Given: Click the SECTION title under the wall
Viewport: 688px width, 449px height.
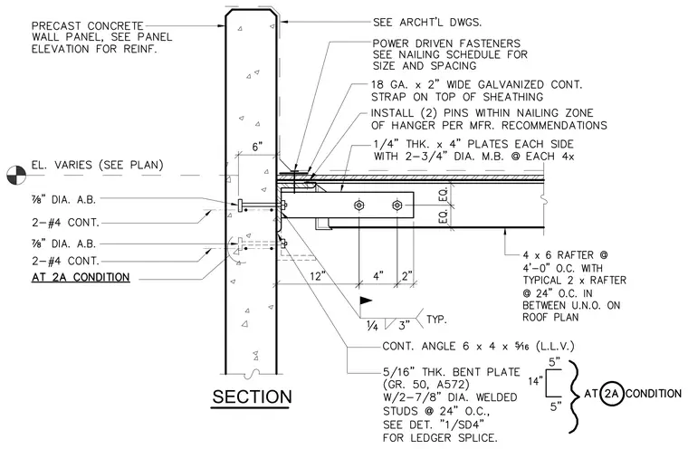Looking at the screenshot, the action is click(252, 396).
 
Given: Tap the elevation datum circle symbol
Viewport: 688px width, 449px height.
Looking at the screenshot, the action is click(16, 175).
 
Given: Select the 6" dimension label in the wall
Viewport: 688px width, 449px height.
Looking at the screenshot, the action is click(257, 147).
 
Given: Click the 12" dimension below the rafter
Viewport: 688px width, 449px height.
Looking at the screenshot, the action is click(318, 276).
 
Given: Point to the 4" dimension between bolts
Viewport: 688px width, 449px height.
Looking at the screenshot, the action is click(378, 276).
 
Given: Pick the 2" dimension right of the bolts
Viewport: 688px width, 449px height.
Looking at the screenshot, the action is click(407, 276).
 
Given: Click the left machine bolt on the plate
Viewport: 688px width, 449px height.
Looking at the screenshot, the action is click(358, 205).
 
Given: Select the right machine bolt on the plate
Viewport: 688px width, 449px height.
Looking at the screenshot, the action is click(397, 205).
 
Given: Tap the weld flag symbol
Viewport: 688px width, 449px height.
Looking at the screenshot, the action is click(366, 301).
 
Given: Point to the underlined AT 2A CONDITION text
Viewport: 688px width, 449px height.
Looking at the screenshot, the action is click(81, 277).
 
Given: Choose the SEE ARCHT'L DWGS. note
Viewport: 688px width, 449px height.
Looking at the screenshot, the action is click(427, 22).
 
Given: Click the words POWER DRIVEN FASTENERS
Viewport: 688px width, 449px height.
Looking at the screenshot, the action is click(446, 43).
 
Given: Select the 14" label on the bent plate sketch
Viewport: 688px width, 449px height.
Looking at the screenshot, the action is click(535, 381).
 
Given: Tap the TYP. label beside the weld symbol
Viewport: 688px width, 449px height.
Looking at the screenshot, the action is click(436, 319).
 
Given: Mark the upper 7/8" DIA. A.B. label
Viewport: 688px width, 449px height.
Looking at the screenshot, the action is click(63, 200).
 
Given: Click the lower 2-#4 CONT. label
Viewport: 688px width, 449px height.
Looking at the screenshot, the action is click(65, 261).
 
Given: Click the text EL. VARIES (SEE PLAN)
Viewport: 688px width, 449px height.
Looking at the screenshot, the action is click(98, 165).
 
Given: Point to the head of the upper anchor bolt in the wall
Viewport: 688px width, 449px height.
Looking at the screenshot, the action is click(240, 205).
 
